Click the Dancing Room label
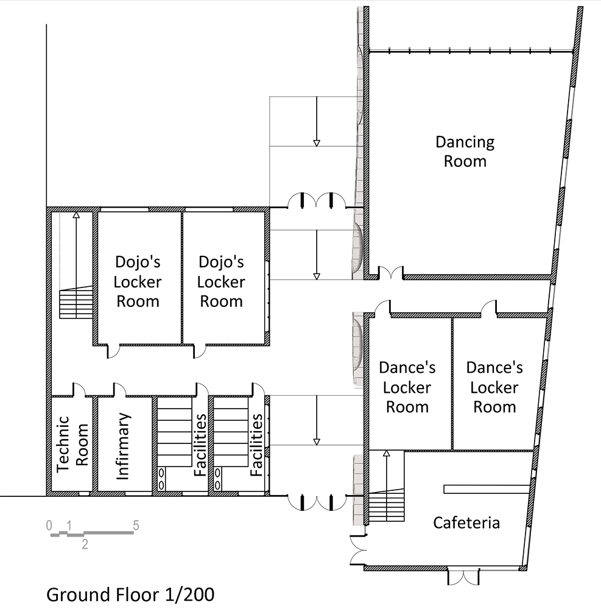465,152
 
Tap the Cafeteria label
466,523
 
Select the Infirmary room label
122,446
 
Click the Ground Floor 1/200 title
130,594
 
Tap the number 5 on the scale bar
136,526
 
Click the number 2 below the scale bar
85,544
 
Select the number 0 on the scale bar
49,526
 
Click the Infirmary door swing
120,389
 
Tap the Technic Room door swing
79,389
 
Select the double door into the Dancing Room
391,272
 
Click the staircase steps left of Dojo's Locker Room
76,303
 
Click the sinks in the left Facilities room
161,479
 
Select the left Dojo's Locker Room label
138,281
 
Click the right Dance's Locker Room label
494,387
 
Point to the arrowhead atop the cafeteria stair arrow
386,453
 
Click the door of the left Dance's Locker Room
383,306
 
